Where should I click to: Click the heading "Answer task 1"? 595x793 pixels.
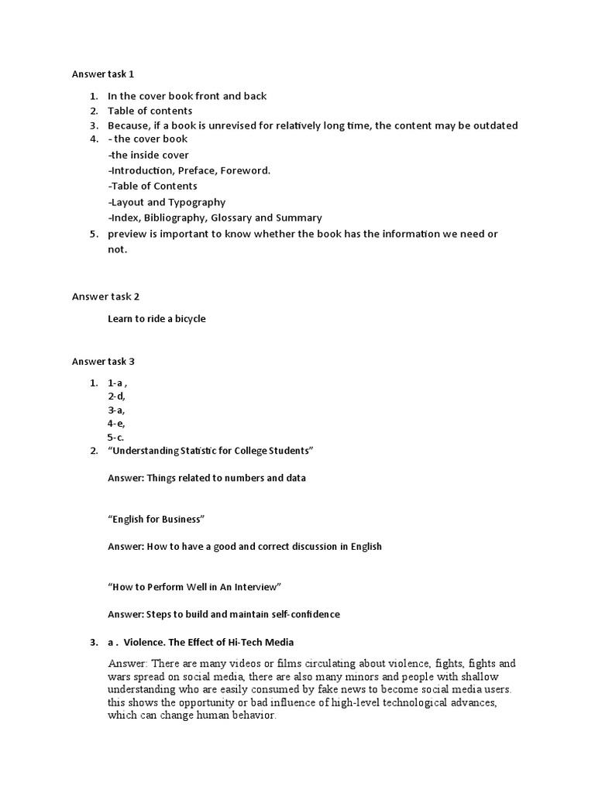coord(103,74)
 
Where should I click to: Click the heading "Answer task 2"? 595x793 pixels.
coord(103,297)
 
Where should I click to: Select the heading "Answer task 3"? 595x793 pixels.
coord(103,361)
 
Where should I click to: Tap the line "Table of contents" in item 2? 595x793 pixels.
coord(150,111)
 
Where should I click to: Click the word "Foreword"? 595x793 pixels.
coord(246,170)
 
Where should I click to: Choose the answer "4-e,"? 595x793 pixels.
coord(116,424)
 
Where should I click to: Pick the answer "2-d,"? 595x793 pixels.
coord(116,396)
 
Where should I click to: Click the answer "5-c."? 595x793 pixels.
coord(116,437)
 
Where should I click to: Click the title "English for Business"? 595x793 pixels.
coord(156,519)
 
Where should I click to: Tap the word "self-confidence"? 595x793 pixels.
coord(301,615)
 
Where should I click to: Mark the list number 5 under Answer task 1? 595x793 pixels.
coord(93,234)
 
